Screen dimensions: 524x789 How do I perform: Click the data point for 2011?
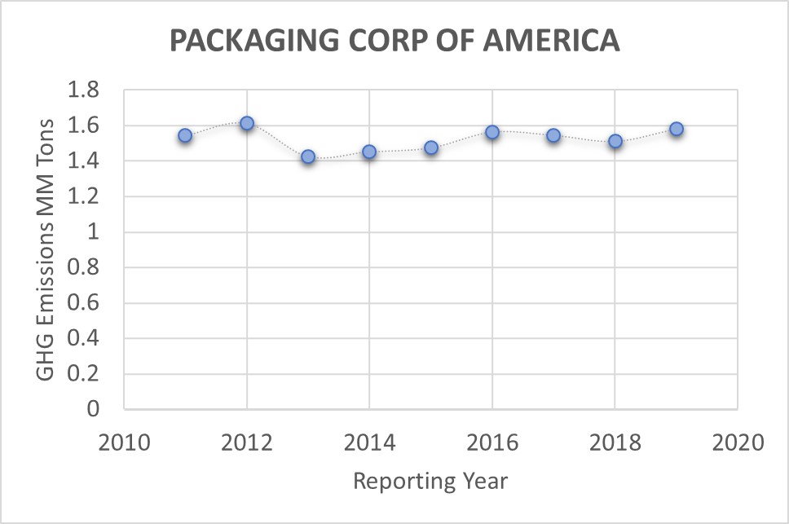(x=185, y=135)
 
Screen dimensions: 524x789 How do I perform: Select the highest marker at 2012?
(x=247, y=123)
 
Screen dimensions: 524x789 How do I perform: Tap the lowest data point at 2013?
(x=308, y=156)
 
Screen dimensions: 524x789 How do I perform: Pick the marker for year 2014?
(x=369, y=152)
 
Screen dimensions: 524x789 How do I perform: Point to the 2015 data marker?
(x=431, y=148)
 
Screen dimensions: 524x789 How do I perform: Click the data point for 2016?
(x=492, y=132)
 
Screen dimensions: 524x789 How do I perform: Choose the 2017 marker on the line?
(x=553, y=135)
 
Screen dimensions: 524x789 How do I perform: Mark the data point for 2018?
(x=615, y=141)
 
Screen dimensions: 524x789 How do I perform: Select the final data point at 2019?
(x=677, y=129)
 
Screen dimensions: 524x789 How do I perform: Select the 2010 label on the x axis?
(x=124, y=443)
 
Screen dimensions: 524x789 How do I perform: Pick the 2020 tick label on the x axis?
(x=738, y=443)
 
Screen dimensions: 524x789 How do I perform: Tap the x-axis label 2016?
(x=492, y=443)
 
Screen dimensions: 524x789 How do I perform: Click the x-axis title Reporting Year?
(x=430, y=481)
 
